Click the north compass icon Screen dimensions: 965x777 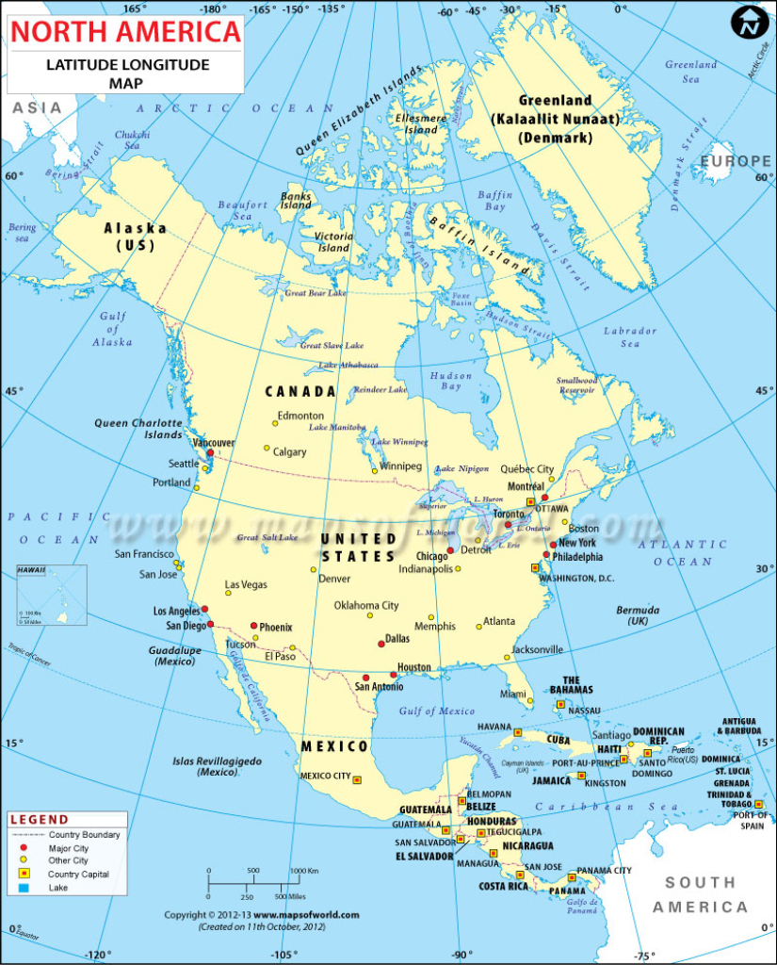(750, 23)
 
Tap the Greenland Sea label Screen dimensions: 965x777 (691, 72)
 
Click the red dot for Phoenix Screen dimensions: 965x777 (253, 626)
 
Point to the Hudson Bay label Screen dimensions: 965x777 (451, 381)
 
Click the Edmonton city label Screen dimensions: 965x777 (300, 416)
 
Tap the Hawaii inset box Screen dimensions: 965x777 (52, 596)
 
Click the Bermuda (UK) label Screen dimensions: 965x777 (638, 615)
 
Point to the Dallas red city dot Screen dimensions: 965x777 (380, 644)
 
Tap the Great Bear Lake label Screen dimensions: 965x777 (316, 293)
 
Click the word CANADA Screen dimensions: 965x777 (299, 391)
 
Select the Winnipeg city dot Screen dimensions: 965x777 (374, 470)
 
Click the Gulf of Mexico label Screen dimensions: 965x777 (437, 711)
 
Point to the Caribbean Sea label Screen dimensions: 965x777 (607, 807)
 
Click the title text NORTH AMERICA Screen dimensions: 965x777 (125, 32)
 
